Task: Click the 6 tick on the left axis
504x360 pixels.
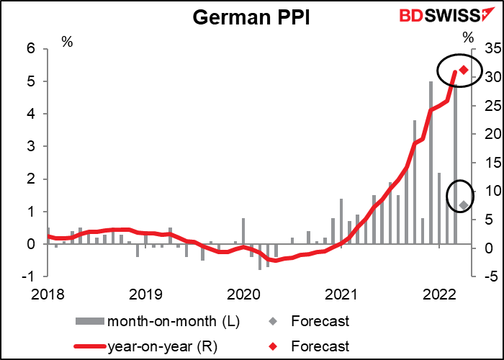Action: pyautogui.click(x=31, y=49)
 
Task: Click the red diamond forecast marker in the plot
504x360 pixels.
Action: pyautogui.click(x=464, y=70)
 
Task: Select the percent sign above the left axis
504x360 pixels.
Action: pyautogui.click(x=67, y=41)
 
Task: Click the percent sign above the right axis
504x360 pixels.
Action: pyautogui.click(x=469, y=37)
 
